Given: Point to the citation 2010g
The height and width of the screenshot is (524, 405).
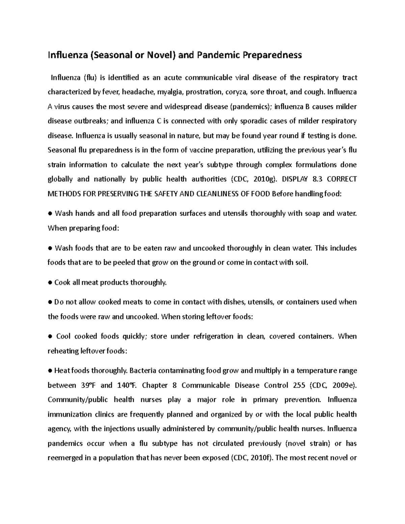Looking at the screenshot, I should (x=261, y=179).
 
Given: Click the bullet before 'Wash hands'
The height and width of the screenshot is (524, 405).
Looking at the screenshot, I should (x=50, y=214).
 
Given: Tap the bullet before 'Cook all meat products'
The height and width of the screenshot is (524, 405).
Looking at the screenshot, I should (x=50, y=283).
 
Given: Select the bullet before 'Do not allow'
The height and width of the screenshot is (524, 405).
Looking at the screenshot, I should (x=50, y=302).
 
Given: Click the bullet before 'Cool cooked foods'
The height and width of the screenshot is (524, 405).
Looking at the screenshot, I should (x=50, y=337).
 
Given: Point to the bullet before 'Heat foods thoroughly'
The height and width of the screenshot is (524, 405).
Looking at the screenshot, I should (x=50, y=371).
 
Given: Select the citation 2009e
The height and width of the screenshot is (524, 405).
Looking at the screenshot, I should (x=343, y=385).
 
